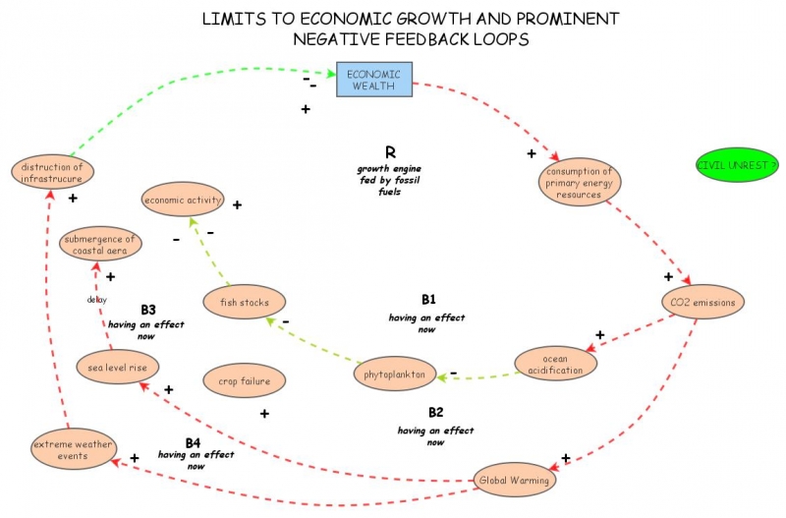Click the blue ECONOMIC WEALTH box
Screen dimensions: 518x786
coord(374,80)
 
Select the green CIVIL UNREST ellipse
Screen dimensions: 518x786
coord(736,165)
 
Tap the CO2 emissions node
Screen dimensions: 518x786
coord(703,302)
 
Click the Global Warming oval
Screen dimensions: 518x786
coord(515,481)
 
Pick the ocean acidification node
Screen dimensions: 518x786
coord(556,364)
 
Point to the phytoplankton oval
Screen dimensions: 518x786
coord(394,374)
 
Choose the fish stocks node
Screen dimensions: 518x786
coord(245,302)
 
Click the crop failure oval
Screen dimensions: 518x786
coord(244,380)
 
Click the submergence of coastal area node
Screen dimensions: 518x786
coord(100,244)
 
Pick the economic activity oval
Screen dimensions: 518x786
coord(184,201)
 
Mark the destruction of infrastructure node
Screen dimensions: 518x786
coord(53,172)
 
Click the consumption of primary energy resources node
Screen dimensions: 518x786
coord(579,182)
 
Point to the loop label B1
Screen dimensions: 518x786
coord(428,299)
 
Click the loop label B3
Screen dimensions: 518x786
coord(148,309)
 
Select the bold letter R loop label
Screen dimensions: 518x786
coord(390,152)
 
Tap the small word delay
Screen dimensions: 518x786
coord(96,300)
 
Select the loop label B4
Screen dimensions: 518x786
coord(194,441)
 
